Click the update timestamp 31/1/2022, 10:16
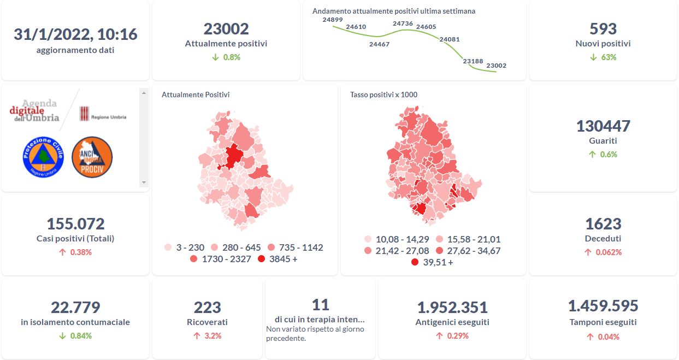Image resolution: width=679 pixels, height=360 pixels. pyautogui.click(x=75, y=34)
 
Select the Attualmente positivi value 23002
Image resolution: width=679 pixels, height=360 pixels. pyautogui.click(x=226, y=28)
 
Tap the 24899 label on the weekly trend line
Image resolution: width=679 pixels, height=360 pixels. pyautogui.click(x=333, y=20)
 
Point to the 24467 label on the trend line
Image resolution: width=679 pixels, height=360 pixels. pyautogui.click(x=379, y=44)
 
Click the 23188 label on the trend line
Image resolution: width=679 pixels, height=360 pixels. pyautogui.click(x=473, y=61)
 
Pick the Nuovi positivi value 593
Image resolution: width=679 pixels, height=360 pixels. pyautogui.click(x=603, y=28)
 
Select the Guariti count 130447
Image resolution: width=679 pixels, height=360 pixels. pyautogui.click(x=603, y=126)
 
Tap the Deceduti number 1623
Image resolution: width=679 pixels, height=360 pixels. pyautogui.click(x=603, y=224)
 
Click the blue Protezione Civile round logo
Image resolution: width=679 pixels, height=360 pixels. pyautogui.click(x=43, y=157)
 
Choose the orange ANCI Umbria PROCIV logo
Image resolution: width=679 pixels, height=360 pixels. pyautogui.click(x=92, y=157)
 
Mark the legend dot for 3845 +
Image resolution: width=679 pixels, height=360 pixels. pyautogui.click(x=262, y=259)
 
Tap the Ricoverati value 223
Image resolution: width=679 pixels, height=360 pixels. pyautogui.click(x=208, y=308)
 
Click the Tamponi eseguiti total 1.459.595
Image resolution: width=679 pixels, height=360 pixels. pyautogui.click(x=603, y=306)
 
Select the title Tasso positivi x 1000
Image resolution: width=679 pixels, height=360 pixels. pyautogui.click(x=383, y=95)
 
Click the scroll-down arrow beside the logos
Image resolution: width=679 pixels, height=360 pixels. pyautogui.click(x=144, y=182)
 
